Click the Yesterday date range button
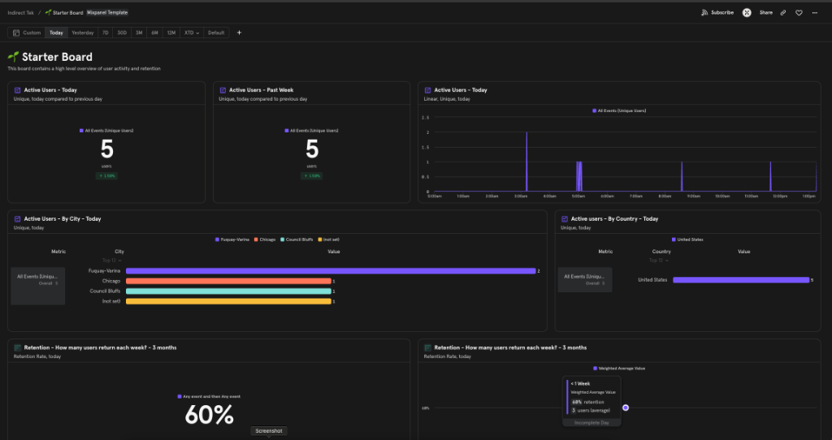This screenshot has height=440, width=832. pos(82,32)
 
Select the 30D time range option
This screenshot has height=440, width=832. pos(122,32)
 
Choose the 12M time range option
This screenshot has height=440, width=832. pos(171,32)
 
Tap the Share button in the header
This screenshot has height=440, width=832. pos(765,12)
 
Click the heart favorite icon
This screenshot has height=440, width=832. pos(799,12)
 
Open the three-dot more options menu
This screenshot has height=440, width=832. pos(814,12)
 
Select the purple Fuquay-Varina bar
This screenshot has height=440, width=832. pos(330,270)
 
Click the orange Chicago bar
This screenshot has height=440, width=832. pos(227,281)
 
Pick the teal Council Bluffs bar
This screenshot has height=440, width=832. pos(227,291)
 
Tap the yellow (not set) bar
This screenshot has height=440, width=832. pos(227,301)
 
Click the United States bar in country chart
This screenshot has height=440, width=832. pos(741,280)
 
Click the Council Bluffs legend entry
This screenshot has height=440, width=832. pos(299,239)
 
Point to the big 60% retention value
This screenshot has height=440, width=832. pos(209,415)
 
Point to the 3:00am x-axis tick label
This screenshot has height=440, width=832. pos(521,196)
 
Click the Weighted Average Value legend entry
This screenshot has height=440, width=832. pos(623,368)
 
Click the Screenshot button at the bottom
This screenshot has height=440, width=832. pos(268,431)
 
